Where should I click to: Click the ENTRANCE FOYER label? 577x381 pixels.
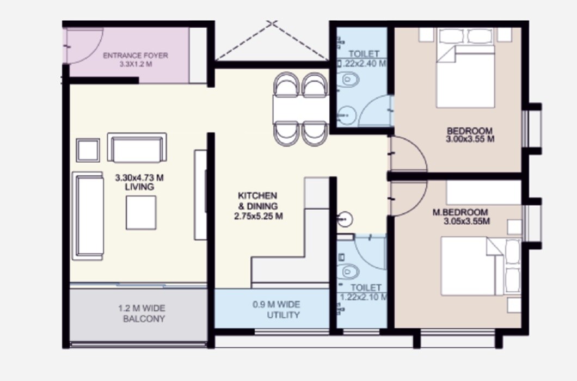[136, 56]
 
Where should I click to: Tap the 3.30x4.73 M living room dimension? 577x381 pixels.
[139, 177]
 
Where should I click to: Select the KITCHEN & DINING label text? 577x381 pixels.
[257, 201]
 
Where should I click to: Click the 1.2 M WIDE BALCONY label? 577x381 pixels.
[142, 314]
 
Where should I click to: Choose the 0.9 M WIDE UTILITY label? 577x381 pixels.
[276, 310]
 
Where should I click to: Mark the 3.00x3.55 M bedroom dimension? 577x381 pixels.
[470, 139]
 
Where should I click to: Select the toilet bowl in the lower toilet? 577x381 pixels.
[348, 271]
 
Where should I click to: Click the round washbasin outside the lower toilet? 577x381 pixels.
[345, 220]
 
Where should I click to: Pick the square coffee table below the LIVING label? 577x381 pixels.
[141, 213]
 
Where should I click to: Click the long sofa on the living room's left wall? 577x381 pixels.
[88, 216]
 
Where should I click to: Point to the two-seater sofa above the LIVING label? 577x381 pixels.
[137, 148]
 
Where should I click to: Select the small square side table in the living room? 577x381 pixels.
[88, 150]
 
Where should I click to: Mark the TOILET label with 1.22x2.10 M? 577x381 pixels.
[363, 292]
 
